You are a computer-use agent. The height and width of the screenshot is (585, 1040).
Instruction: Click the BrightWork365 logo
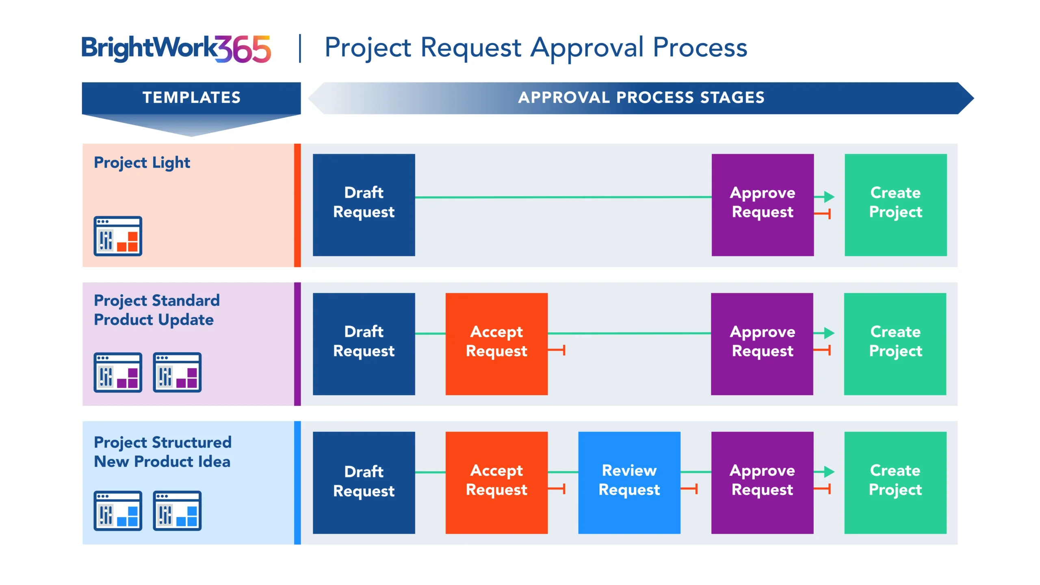[176, 49]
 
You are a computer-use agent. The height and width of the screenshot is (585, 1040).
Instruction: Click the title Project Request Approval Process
[535, 48]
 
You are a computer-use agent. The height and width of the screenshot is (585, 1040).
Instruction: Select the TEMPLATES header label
[191, 97]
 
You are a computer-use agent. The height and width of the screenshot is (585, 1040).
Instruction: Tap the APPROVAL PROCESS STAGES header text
[641, 97]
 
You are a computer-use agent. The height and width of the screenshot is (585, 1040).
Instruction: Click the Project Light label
[142, 162]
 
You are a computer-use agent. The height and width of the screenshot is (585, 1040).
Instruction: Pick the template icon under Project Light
[118, 236]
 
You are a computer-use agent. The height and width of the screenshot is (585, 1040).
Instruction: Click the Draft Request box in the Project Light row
[364, 205]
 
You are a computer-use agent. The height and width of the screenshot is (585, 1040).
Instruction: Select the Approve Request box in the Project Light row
[763, 205]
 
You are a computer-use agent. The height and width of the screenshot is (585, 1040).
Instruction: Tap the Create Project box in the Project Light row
[895, 205]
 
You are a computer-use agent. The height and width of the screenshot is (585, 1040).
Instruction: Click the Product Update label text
[154, 320]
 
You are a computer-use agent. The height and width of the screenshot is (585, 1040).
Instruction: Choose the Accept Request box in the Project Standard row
[496, 344]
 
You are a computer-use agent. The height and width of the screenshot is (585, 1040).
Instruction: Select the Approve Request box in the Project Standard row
[762, 344]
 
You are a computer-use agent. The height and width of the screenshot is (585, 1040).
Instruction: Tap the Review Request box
[629, 483]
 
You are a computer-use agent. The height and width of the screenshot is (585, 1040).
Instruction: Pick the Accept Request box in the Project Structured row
[496, 483]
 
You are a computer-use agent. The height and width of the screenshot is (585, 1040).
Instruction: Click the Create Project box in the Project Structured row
[895, 483]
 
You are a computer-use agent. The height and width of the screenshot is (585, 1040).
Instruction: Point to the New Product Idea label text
[162, 462]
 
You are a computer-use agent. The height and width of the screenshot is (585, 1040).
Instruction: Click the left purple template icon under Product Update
[118, 373]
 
